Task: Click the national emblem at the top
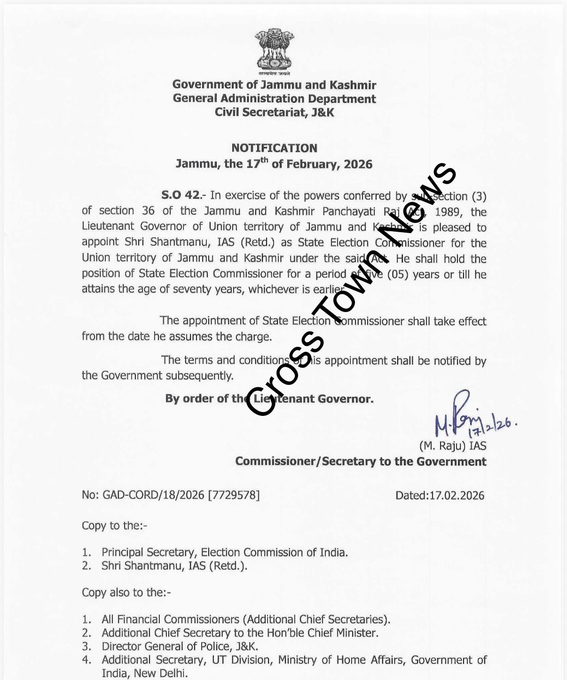[x=274, y=52]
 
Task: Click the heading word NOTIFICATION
[x=274, y=148]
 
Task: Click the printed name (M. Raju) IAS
[x=452, y=446]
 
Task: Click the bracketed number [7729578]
[x=234, y=495]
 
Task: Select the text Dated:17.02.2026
[x=440, y=495]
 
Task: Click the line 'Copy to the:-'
[x=114, y=525]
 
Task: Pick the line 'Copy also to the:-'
[x=126, y=593]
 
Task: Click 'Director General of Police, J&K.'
[x=180, y=647]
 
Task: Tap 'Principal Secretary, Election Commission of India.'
[x=225, y=552]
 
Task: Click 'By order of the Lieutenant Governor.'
[x=269, y=399]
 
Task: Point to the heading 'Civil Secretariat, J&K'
[x=274, y=112]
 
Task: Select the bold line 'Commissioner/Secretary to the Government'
[x=361, y=461]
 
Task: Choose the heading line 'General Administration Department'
[x=274, y=99]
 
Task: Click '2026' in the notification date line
[x=358, y=164]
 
